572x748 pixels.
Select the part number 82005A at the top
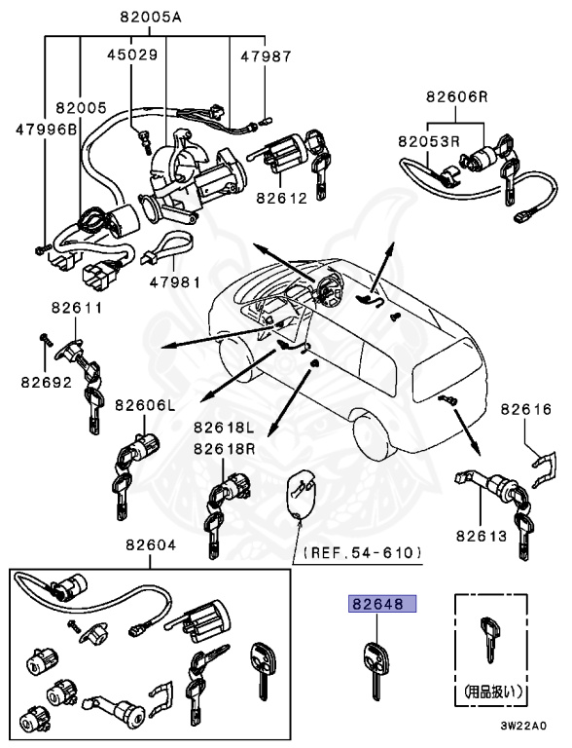point(151,18)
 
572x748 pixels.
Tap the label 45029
point(132,55)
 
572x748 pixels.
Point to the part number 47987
point(266,56)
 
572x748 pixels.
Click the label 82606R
point(457,96)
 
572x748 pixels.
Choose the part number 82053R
point(429,141)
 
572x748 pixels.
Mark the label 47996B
point(47,130)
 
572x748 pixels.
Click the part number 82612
point(282,198)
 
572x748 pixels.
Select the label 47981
point(175,281)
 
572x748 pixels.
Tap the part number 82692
point(47,382)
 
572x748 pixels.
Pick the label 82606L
point(145,405)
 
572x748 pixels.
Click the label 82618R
point(224,449)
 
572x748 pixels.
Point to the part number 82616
point(525,409)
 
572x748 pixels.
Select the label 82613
point(482,537)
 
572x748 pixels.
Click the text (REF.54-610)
point(362,553)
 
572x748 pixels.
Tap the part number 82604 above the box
point(151,544)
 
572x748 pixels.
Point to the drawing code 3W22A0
point(523,726)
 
